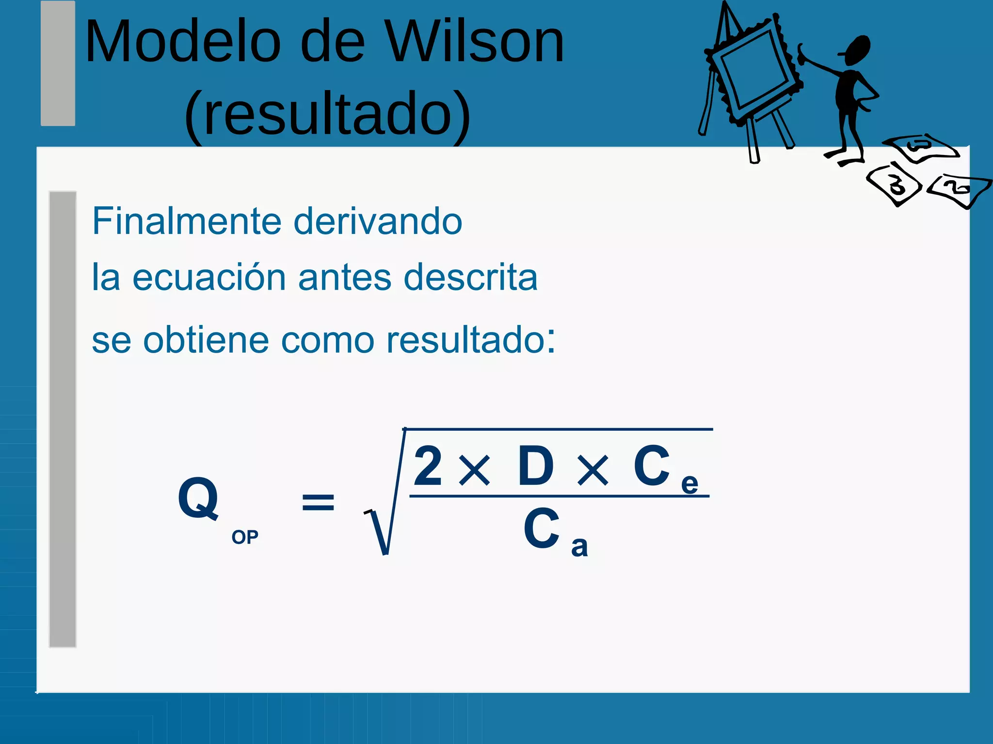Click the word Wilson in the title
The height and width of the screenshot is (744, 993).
click(476, 42)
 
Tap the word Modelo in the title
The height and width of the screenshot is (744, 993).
click(182, 42)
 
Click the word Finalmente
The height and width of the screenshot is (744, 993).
click(187, 221)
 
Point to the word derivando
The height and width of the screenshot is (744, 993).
click(378, 221)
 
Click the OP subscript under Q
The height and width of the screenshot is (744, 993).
click(245, 537)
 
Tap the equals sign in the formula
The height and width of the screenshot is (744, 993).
click(318, 502)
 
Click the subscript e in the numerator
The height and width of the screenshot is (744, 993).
click(689, 483)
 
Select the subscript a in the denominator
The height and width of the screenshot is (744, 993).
click(579, 547)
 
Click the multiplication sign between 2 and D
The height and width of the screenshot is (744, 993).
click(475, 470)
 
